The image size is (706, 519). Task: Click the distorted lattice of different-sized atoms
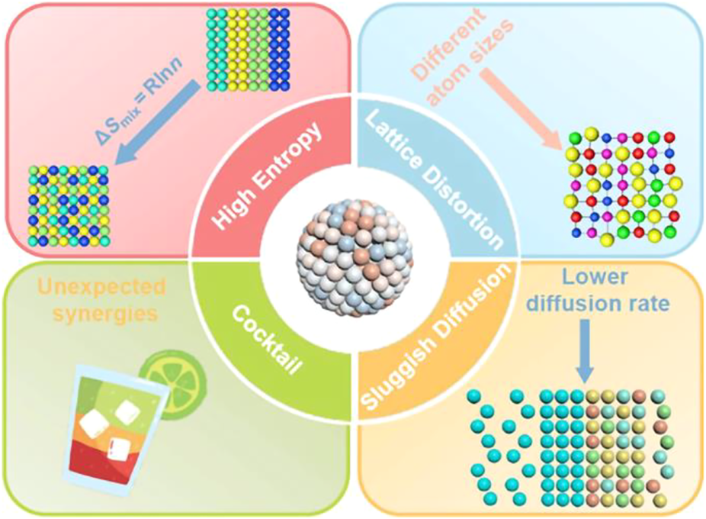pyautogui.click(x=622, y=188)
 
